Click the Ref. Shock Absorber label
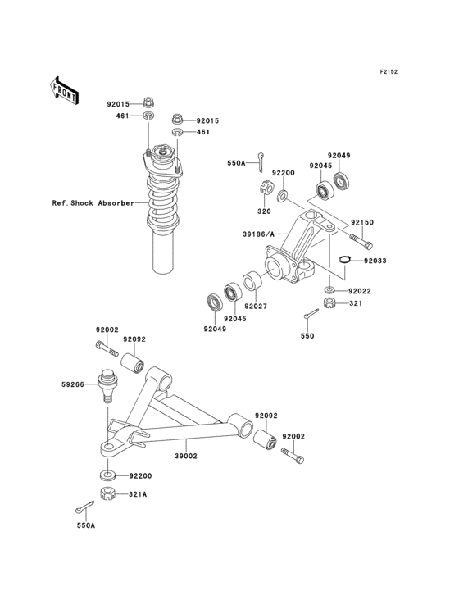click(93, 202)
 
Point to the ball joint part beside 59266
click(107, 384)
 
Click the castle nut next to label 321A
click(107, 493)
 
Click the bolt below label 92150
click(361, 242)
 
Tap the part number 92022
click(360, 291)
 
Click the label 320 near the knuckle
click(264, 211)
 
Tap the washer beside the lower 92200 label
click(107, 475)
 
